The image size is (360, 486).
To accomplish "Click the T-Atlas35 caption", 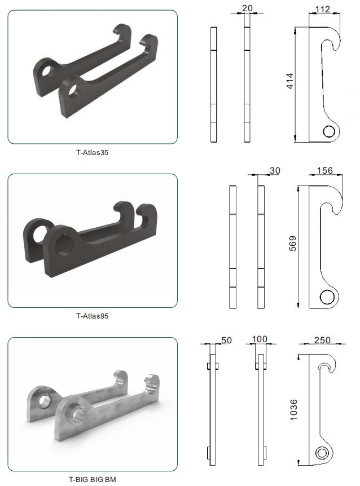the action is (92, 152).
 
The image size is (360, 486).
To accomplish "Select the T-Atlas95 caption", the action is (92, 316).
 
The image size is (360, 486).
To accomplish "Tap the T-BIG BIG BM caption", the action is (92, 479).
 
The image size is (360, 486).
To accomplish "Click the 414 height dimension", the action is (289, 81).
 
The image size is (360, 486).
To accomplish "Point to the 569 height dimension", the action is (293, 244).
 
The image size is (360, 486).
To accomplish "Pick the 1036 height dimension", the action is (293, 410).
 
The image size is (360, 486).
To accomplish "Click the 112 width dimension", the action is (323, 9).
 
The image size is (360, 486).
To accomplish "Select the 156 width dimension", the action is (324, 170).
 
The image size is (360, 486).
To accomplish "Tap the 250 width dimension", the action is (322, 340).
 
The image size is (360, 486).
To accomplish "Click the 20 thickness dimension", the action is (247, 8).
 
